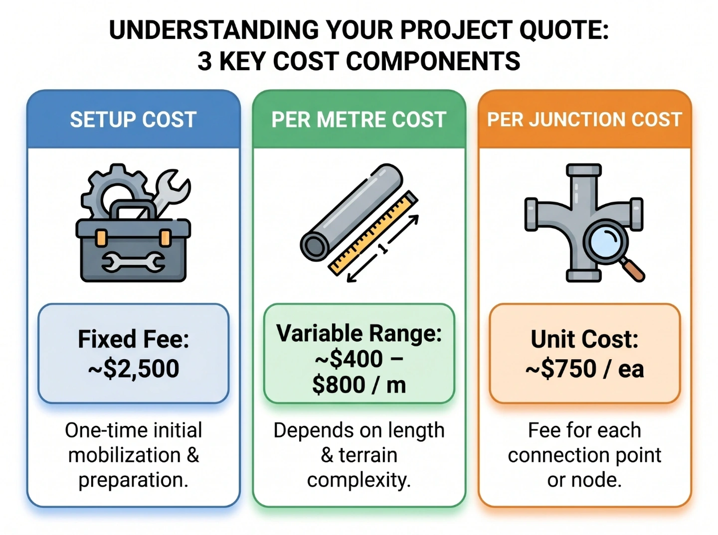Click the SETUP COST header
133,120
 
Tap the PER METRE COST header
359,120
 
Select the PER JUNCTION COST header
584,120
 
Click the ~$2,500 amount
134,369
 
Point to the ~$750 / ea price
584,369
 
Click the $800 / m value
359,385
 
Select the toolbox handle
133,209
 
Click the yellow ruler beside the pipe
373,233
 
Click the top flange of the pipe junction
584,169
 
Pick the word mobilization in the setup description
124,455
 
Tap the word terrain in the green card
368,455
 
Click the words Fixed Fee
134,339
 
